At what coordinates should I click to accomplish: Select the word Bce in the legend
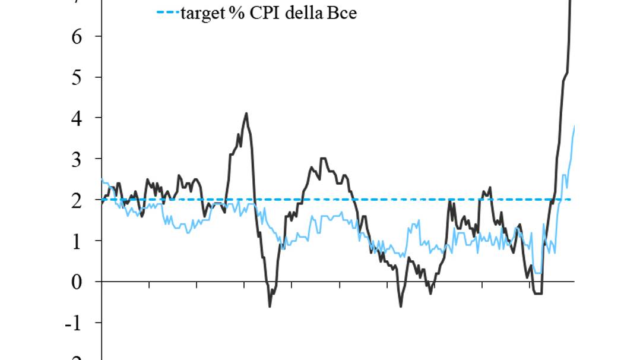[341, 12]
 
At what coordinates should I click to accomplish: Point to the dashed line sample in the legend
[167, 12]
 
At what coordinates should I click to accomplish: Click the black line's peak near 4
[246, 113]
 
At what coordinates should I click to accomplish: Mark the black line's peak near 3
[323, 159]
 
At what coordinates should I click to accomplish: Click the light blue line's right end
[574, 126]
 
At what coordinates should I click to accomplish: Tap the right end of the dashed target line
[571, 200]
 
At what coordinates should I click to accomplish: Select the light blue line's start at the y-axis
[102, 179]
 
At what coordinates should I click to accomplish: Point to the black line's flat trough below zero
[538, 293]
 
